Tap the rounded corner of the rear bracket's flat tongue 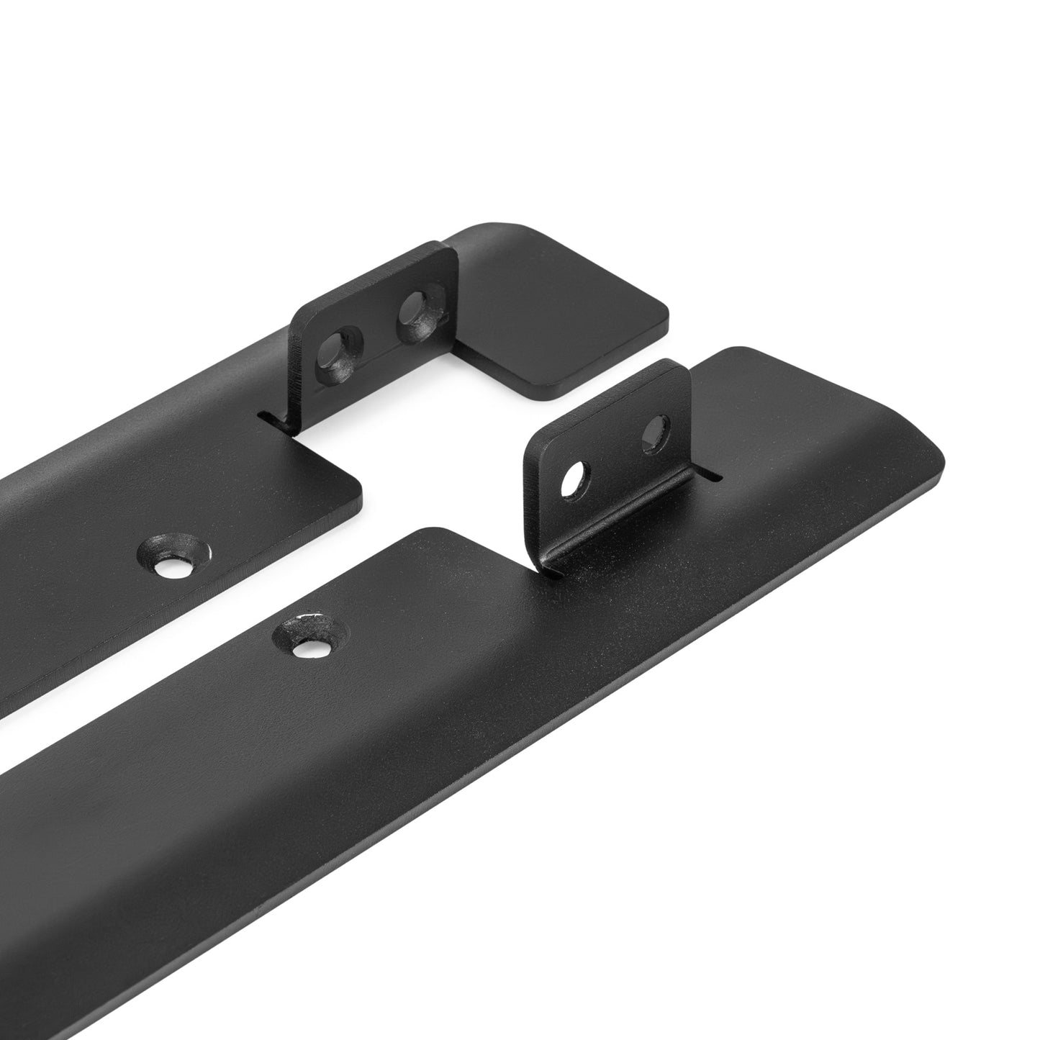(x=353, y=489)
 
